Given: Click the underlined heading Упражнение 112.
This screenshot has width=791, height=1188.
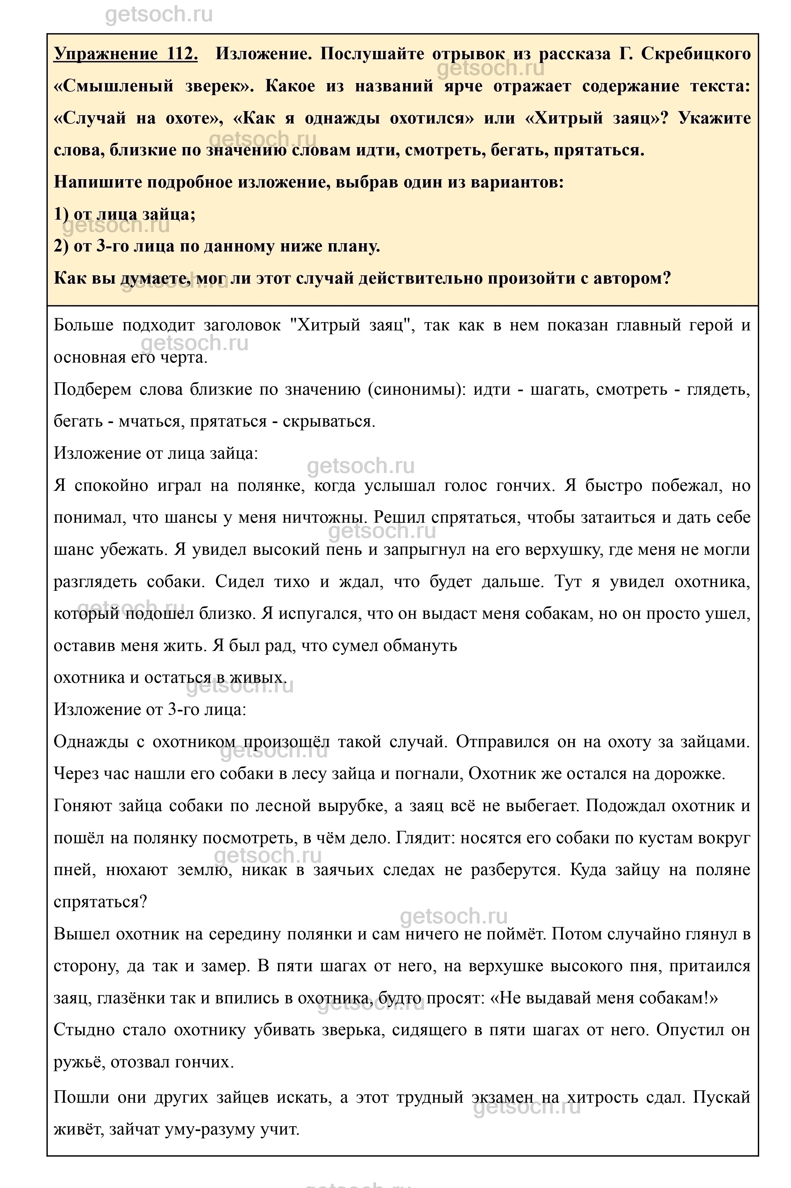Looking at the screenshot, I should pyautogui.click(x=125, y=54).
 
